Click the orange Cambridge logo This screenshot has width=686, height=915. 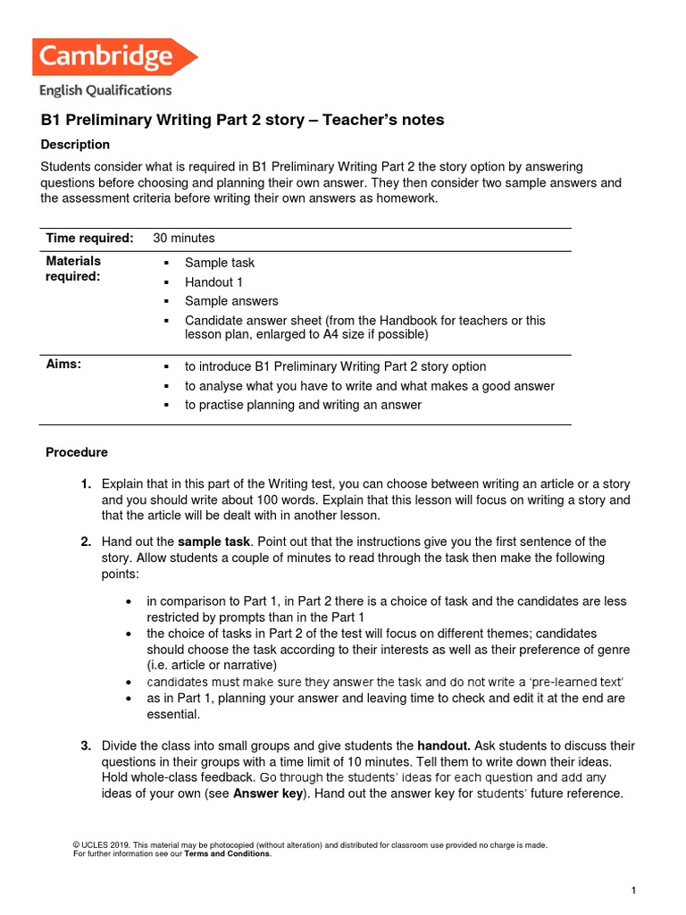point(114,57)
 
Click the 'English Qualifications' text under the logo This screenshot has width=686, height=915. point(105,90)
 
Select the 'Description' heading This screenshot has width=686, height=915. point(76,145)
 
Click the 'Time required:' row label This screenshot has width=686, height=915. point(89,238)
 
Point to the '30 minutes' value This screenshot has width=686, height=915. point(184,238)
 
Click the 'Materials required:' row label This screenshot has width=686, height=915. point(73,269)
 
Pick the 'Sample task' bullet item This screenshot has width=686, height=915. point(220,263)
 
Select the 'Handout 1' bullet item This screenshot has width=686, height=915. point(214,282)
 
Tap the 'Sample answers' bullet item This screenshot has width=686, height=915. point(231,301)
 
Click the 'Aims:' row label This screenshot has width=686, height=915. point(63,365)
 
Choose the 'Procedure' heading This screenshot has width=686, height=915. point(77,453)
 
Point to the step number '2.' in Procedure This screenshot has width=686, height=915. point(86,541)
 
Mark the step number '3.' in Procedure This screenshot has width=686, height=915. point(86,745)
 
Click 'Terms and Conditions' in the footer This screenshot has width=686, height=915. point(227,854)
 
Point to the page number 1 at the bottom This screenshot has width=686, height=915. point(632,891)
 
